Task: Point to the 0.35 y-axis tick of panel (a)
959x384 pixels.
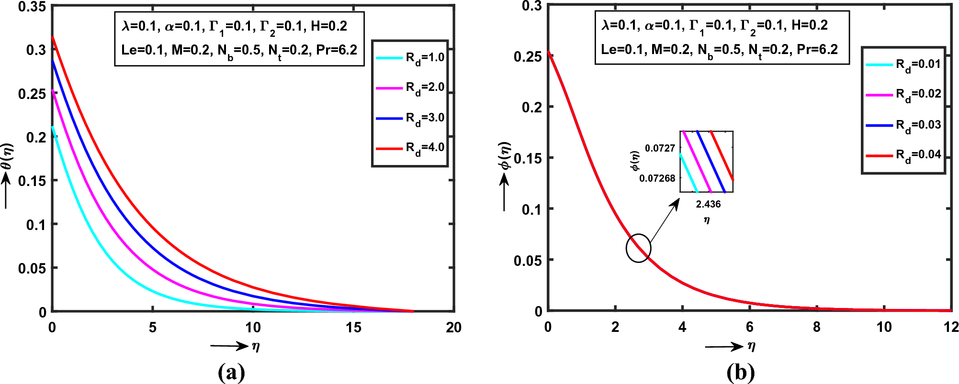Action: tap(32, 7)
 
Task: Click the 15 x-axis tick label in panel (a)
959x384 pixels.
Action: tap(353, 328)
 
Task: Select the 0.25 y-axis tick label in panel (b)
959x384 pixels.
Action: tap(528, 57)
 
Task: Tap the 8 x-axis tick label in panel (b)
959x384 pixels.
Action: tap(817, 327)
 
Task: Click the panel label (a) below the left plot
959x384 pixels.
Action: tap(231, 373)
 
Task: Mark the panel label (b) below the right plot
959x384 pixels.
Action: tap(740, 373)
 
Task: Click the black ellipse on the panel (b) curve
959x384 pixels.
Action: tap(638, 248)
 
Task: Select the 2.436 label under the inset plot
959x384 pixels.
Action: tap(708, 204)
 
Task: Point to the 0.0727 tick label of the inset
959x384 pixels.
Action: tap(660, 148)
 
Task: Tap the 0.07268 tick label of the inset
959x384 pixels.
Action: tap(657, 178)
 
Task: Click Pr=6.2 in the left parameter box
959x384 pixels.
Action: tap(337, 50)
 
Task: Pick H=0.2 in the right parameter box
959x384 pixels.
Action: tap(809, 25)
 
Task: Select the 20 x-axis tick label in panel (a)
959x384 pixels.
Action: tap(453, 328)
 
